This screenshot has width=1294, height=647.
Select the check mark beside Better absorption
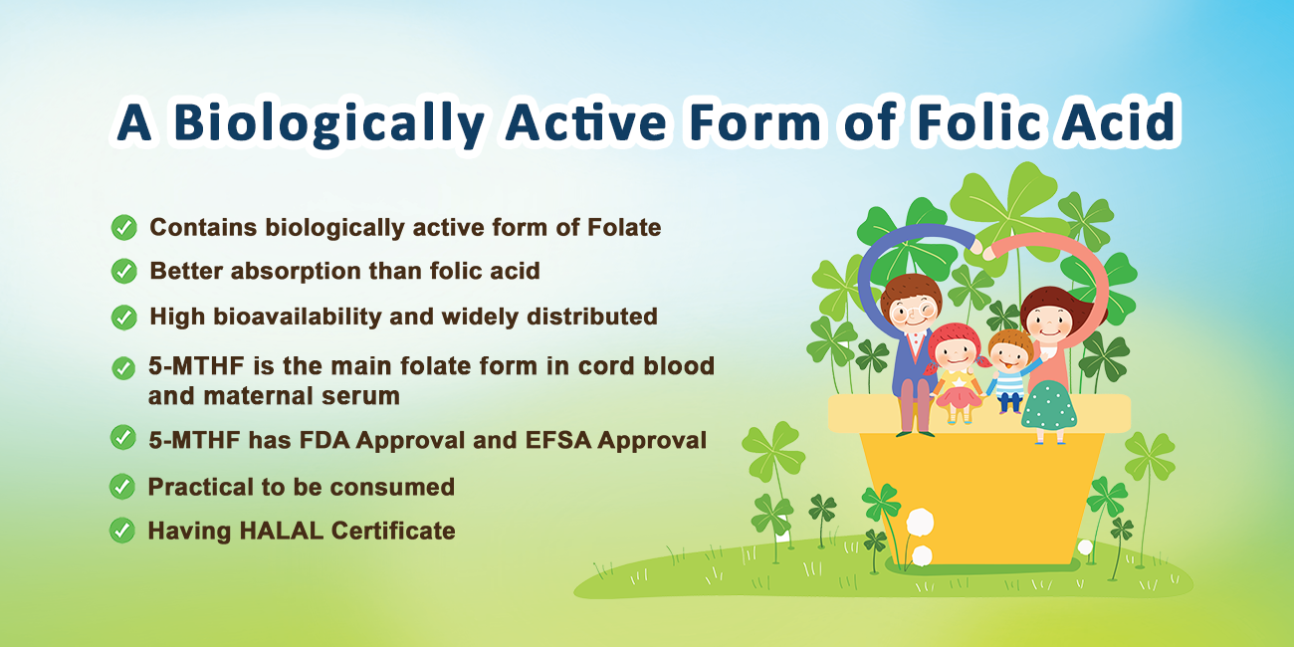[123, 271]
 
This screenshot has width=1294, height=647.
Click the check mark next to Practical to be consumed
[121, 487]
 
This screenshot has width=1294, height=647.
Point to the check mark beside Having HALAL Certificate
[121, 531]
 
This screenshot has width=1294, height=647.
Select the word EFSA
[557, 440]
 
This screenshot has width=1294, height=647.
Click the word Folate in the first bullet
[624, 228]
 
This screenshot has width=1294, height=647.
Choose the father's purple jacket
[906, 364]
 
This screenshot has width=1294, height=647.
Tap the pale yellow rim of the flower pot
[979, 413]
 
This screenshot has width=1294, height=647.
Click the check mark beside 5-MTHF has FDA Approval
[122, 437]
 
